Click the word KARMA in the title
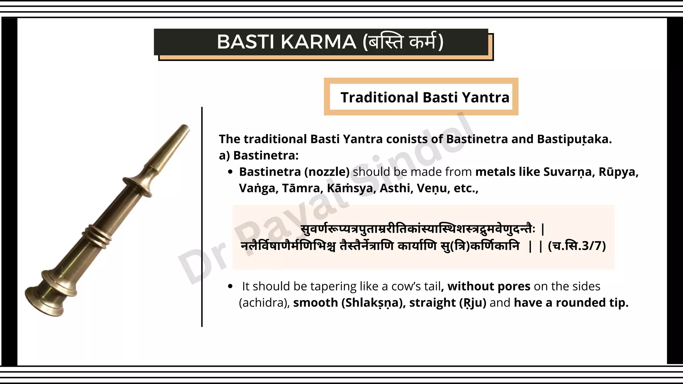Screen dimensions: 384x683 coord(318,42)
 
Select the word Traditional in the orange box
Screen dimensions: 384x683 coord(379,97)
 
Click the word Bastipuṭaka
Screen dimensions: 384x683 coord(574,139)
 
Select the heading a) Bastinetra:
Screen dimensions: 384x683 coord(259,155)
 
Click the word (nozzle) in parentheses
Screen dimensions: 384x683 coord(327,172)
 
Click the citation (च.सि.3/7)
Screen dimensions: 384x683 coord(577,246)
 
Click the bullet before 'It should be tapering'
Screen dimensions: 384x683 coord(230,286)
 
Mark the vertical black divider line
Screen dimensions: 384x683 coord(202,217)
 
